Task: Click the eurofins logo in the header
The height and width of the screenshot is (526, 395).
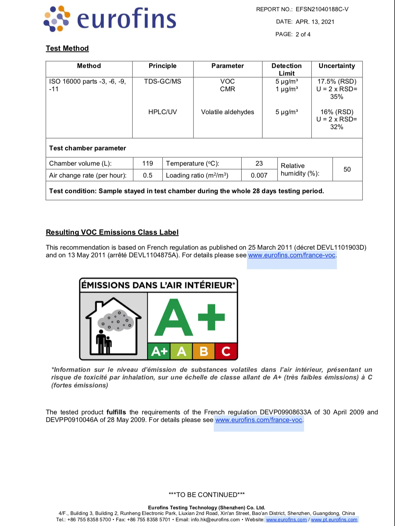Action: [x=110, y=19]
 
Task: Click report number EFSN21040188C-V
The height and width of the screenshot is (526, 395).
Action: [x=322, y=9]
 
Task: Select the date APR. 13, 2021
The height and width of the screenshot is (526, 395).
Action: [x=315, y=22]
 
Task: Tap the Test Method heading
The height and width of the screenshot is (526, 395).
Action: [x=67, y=48]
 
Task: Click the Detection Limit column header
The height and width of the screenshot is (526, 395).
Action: [x=286, y=69]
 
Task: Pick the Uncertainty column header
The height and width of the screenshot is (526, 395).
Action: [x=337, y=66]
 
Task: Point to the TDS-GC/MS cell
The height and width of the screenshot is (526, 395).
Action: [x=163, y=81]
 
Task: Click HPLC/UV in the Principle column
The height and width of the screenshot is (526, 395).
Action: [x=163, y=112]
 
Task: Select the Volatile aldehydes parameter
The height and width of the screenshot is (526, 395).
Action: [x=227, y=112]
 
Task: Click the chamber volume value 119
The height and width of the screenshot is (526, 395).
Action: [x=148, y=163]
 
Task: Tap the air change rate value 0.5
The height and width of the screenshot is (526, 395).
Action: [x=148, y=175]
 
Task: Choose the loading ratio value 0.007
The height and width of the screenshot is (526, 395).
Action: [x=259, y=175]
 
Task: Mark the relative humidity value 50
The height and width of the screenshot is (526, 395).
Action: [x=347, y=169]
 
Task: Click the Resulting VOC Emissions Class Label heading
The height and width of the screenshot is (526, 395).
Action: [x=112, y=232]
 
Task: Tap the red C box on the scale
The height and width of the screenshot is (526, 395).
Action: [x=226, y=351]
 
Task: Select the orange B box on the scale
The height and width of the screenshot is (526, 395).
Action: [x=203, y=351]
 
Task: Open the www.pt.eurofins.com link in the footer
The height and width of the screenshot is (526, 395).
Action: [x=334, y=520]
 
